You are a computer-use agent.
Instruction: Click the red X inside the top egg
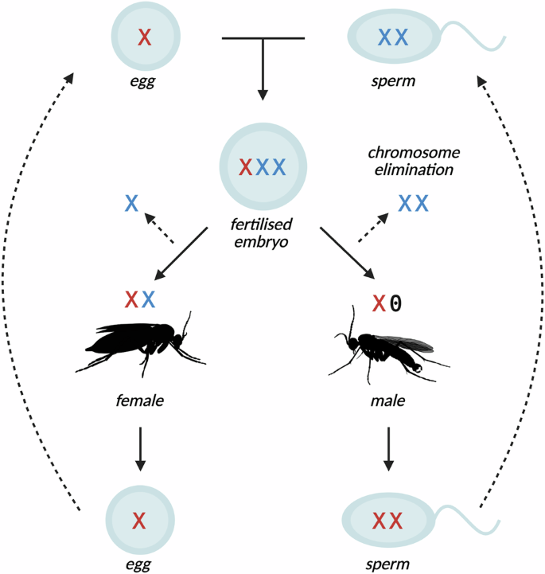tap(144, 37)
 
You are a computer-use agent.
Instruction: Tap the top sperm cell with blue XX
tap(393, 37)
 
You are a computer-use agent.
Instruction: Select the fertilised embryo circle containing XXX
tap(263, 166)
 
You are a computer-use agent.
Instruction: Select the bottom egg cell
tap(139, 521)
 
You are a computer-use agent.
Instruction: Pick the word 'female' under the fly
tap(140, 400)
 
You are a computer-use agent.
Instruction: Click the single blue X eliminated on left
tap(132, 203)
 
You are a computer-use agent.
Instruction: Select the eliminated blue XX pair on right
tap(413, 203)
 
